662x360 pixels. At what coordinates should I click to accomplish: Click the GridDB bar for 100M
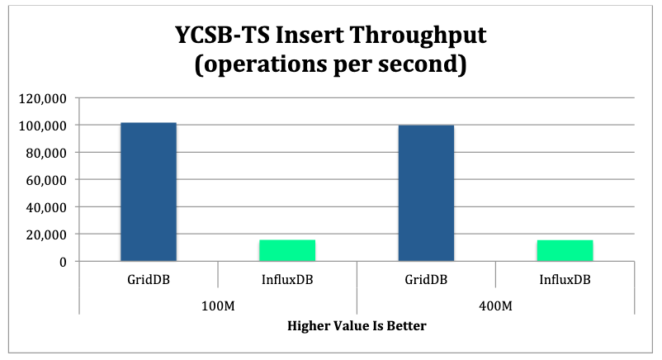tap(149, 192)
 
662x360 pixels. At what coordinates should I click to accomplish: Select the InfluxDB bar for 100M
tap(287, 250)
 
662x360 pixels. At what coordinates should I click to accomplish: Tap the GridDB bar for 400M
tap(426, 192)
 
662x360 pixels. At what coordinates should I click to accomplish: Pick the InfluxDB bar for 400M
tap(565, 250)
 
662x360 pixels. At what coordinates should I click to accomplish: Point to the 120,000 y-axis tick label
tap(43, 98)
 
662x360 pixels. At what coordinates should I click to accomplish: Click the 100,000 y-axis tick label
tap(43, 126)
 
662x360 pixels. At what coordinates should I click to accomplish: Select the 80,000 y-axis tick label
tap(46, 153)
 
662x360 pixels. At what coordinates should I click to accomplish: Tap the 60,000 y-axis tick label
tap(46, 180)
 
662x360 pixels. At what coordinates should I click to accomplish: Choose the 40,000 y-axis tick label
tap(46, 207)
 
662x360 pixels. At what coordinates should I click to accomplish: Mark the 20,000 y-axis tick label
tap(46, 234)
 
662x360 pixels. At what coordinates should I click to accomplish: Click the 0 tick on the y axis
tap(64, 262)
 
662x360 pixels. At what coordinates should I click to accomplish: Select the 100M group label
tap(218, 306)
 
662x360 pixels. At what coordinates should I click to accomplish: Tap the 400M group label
tap(495, 306)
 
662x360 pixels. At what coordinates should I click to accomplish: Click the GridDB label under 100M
tap(149, 279)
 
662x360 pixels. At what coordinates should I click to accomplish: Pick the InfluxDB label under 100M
tap(287, 279)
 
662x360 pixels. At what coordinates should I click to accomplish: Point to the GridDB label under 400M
tap(426, 279)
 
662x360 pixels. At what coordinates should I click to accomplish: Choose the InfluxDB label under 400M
tap(565, 279)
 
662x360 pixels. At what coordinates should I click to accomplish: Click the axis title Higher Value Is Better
tap(357, 325)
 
